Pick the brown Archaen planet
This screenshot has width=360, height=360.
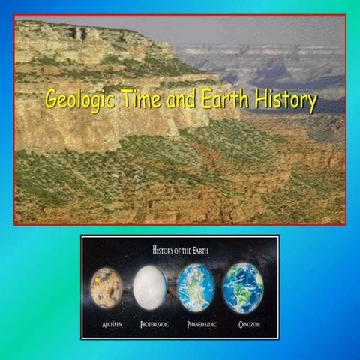pos(106,288)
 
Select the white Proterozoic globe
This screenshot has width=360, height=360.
pos(150,288)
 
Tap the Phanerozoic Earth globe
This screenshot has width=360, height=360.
pos(196,288)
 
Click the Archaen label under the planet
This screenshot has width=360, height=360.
pos(106,325)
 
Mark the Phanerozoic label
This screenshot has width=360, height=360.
pos(197,325)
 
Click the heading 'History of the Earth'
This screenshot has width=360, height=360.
pos(179,248)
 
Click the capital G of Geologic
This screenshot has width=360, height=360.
pos(51,99)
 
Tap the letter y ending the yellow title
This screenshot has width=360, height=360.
pos(310,103)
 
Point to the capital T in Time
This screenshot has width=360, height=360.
pos(124,98)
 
